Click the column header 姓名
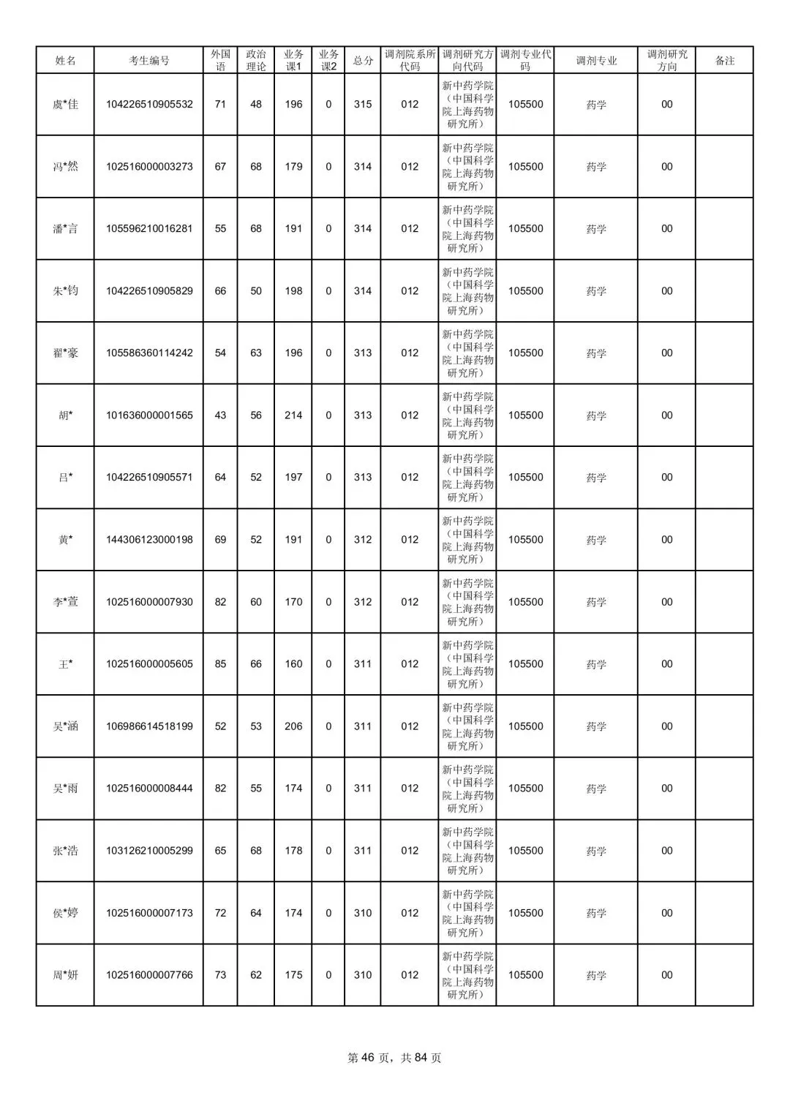[x=65, y=61]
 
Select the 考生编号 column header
[x=148, y=61]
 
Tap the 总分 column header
[x=363, y=61]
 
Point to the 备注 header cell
[x=724, y=61]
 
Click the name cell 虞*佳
[x=65, y=105]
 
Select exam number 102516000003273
[x=149, y=167]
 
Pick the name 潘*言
[x=65, y=229]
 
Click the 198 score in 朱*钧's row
[x=293, y=291]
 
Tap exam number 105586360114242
[x=149, y=353]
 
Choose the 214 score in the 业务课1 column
[x=293, y=415]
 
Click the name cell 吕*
[x=65, y=478]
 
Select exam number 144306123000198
[x=149, y=540]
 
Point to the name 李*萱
[x=65, y=602]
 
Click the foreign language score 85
[x=220, y=664]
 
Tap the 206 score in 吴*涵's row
[x=293, y=726]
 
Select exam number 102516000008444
[x=149, y=789]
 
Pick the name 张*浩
[x=65, y=851]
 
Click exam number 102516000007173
[x=149, y=913]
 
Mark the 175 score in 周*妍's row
[x=293, y=975]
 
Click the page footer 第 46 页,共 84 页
[x=394, y=1058]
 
